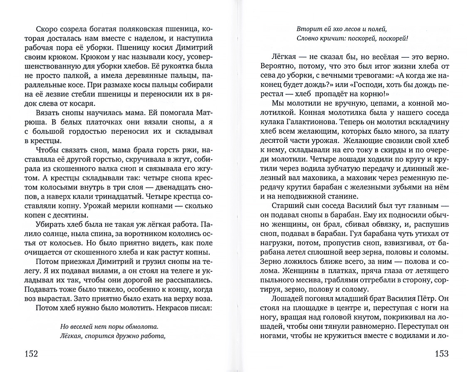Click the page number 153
(x=438, y=354)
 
